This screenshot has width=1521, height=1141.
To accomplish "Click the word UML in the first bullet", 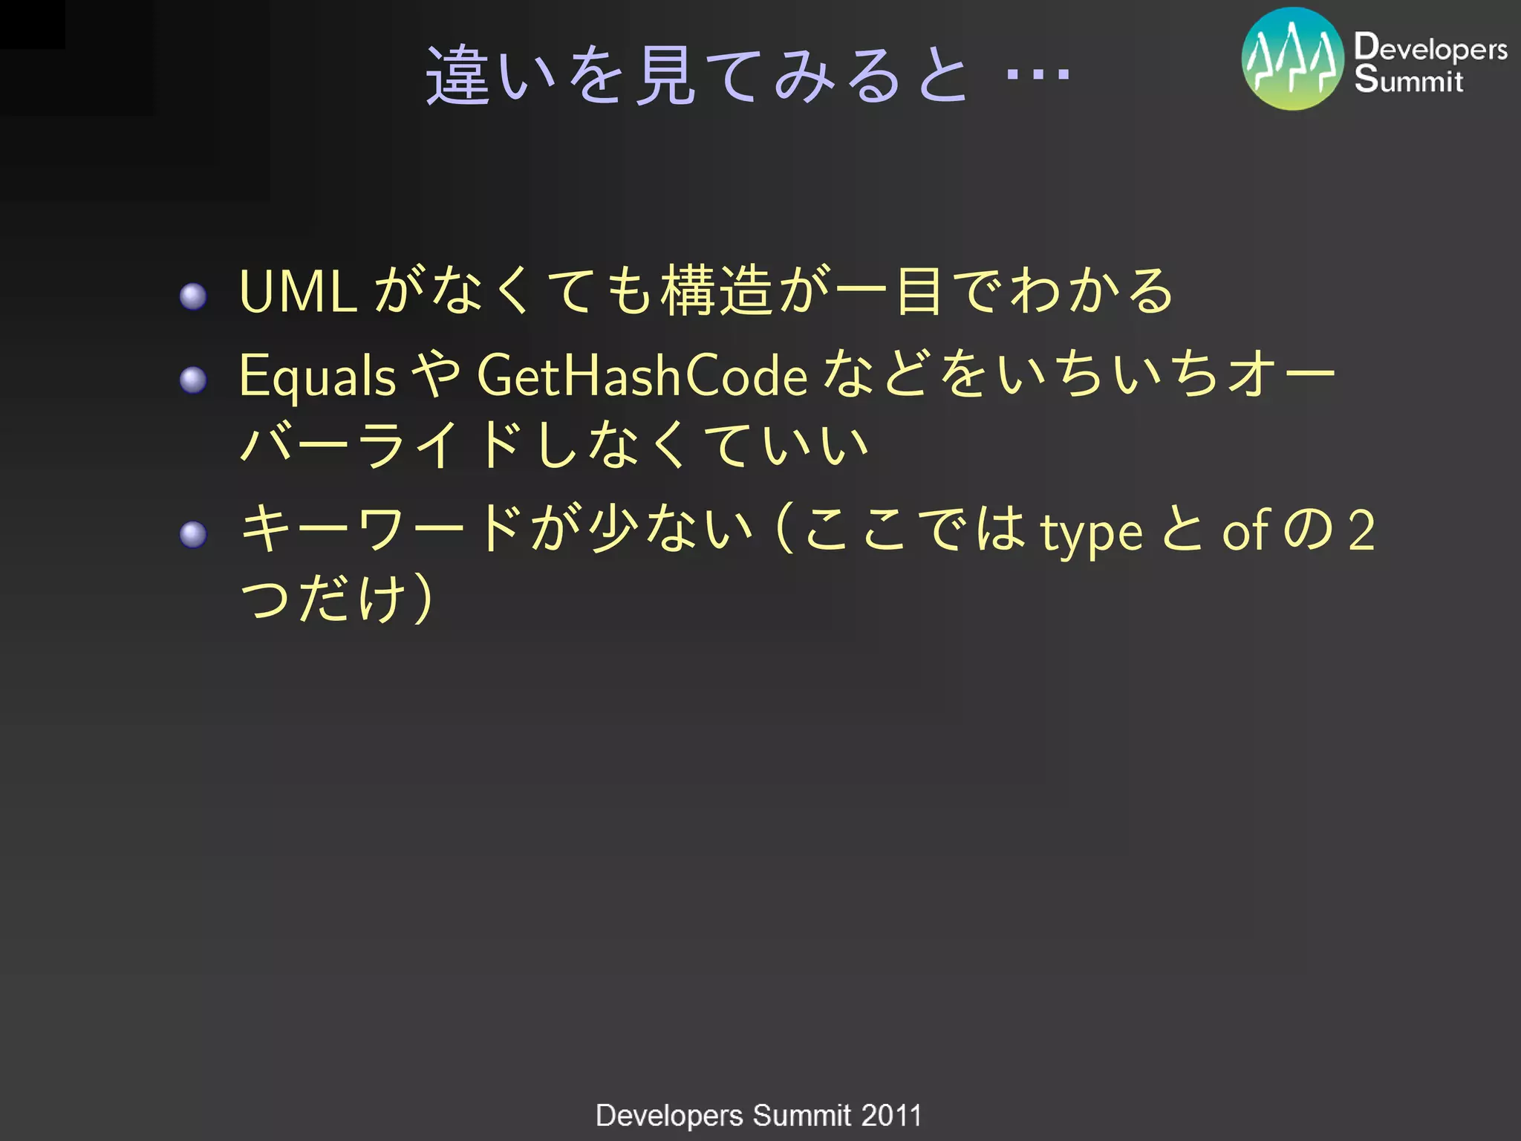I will click(x=298, y=292).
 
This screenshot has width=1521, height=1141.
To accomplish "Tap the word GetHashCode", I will click(x=642, y=376).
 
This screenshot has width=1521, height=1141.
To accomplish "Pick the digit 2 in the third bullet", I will click(x=1361, y=530).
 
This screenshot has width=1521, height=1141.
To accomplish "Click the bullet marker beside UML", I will click(x=193, y=296).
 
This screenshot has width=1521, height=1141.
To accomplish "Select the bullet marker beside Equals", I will click(x=193, y=380).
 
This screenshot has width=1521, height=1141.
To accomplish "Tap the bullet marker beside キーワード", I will click(x=193, y=534).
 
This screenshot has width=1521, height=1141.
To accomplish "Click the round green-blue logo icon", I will click(x=1292, y=59).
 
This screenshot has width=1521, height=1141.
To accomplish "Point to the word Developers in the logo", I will click(x=1430, y=48).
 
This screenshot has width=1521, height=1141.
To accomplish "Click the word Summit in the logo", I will click(x=1408, y=79).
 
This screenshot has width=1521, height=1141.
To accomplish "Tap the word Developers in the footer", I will click(x=668, y=1115).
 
